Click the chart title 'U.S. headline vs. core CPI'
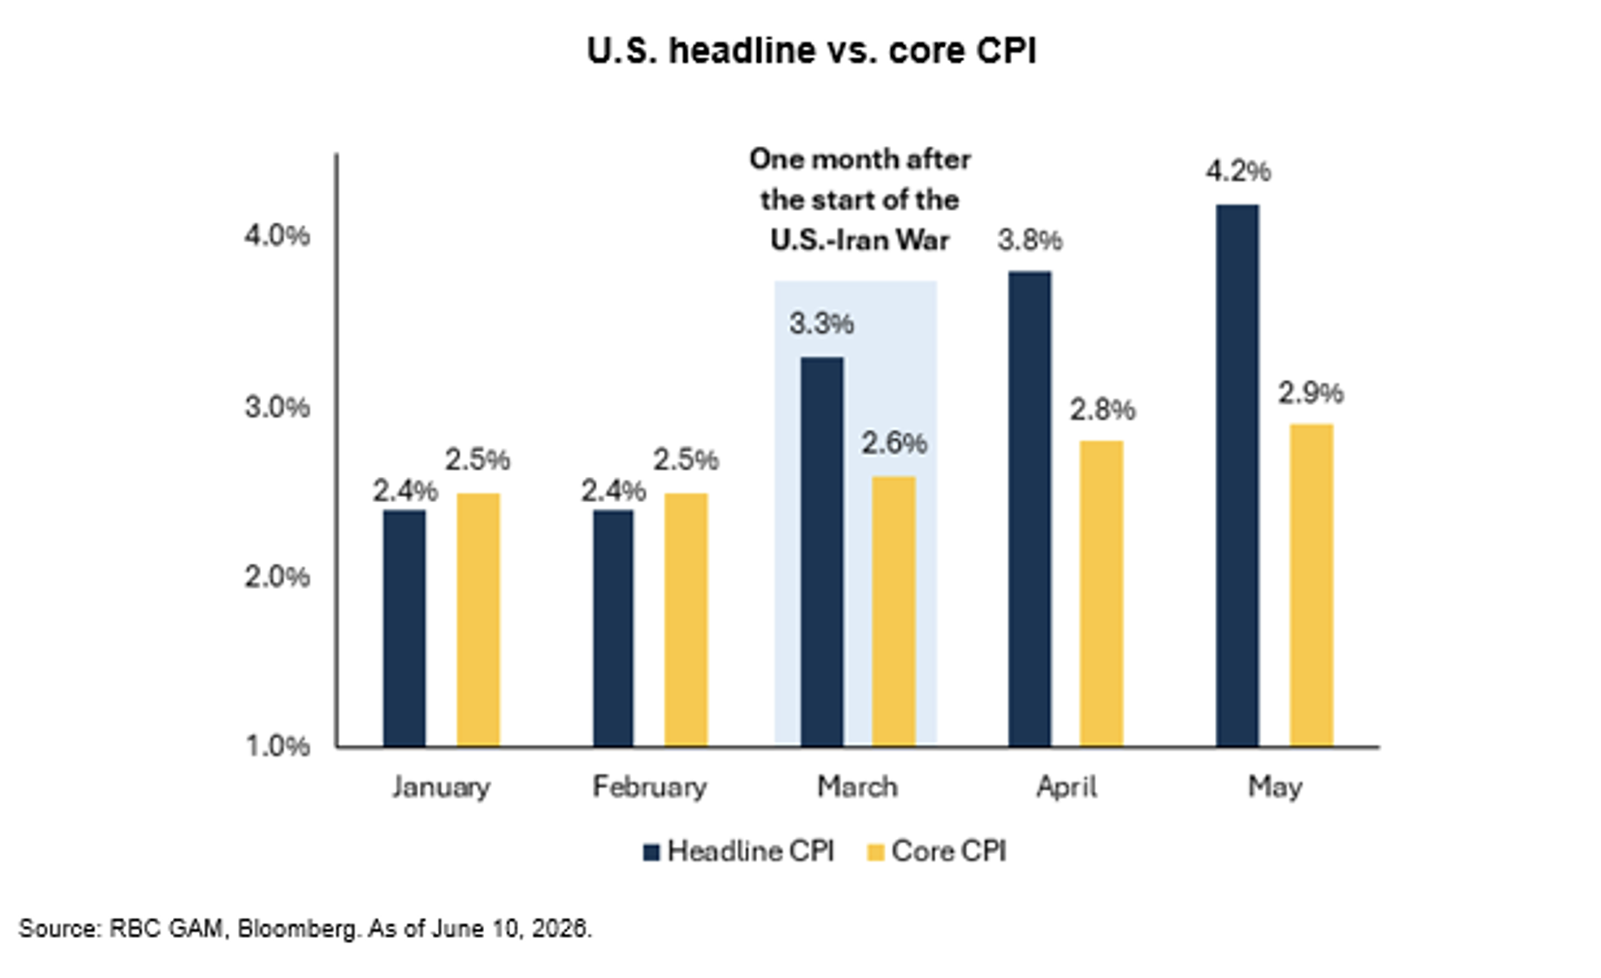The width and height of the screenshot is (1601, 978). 811,50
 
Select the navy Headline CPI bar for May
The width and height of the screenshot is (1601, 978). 1237,476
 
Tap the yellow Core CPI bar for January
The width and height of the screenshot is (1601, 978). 478,620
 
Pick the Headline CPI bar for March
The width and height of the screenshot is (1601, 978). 821,552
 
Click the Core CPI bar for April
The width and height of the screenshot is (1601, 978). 1101,594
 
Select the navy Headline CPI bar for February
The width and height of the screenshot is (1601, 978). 613,629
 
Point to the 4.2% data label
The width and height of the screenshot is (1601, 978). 1238,171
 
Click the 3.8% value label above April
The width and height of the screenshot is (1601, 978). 1030,239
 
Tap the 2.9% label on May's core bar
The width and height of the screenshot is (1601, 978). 1311,393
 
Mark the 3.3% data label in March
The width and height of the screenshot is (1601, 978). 821,323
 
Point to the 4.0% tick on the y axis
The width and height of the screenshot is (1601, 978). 276,235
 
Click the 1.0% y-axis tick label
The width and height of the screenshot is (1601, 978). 276,745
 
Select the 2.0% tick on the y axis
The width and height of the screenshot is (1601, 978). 276,576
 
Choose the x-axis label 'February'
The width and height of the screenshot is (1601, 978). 649,787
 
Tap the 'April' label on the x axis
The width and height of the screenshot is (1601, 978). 1066,787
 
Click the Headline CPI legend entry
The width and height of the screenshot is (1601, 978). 738,851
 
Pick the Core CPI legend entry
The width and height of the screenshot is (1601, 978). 937,851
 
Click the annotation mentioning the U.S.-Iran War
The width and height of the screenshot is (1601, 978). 860,199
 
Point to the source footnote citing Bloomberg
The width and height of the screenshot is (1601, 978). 305,928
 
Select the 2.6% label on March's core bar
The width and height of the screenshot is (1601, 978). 894,443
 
